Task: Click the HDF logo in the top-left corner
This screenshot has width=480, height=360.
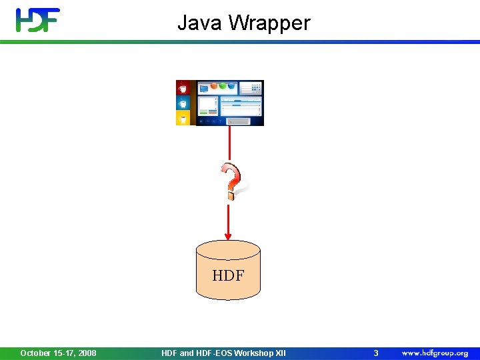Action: (x=38, y=20)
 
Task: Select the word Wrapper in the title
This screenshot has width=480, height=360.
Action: (x=269, y=23)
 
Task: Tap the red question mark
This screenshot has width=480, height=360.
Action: (x=231, y=181)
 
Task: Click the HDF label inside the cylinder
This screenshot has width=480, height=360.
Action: (x=228, y=275)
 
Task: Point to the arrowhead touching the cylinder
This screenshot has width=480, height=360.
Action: (x=229, y=236)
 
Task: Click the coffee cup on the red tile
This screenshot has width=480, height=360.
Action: (x=183, y=88)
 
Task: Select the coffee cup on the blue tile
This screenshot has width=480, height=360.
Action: (x=183, y=103)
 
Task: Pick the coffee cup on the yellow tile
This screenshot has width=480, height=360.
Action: (x=183, y=118)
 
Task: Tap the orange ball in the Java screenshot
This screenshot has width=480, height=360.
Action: (x=215, y=86)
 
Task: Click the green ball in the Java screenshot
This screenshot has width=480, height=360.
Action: (x=223, y=86)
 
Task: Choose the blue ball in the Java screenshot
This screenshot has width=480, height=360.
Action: (x=231, y=86)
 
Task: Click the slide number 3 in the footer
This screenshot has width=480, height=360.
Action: (x=375, y=353)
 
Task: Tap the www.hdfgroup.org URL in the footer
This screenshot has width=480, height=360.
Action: (x=434, y=353)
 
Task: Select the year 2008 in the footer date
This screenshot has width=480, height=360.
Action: (x=86, y=353)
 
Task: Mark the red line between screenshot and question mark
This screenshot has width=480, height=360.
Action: (x=229, y=143)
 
